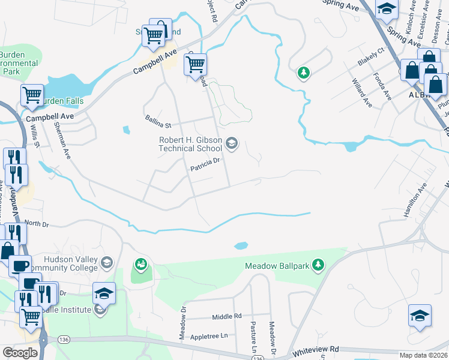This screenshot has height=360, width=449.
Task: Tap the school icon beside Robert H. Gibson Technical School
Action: tap(232, 143)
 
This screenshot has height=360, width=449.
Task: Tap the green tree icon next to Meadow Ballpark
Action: tap(319, 265)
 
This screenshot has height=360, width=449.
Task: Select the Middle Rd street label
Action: tap(226, 316)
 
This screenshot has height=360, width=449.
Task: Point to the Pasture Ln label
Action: tap(254, 337)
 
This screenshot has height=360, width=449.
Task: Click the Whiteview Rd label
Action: tap(316, 349)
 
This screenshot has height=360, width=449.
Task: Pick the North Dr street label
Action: tap(36, 223)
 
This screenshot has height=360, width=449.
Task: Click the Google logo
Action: tap(20, 353)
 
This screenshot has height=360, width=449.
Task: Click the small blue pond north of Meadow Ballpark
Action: tap(241, 245)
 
